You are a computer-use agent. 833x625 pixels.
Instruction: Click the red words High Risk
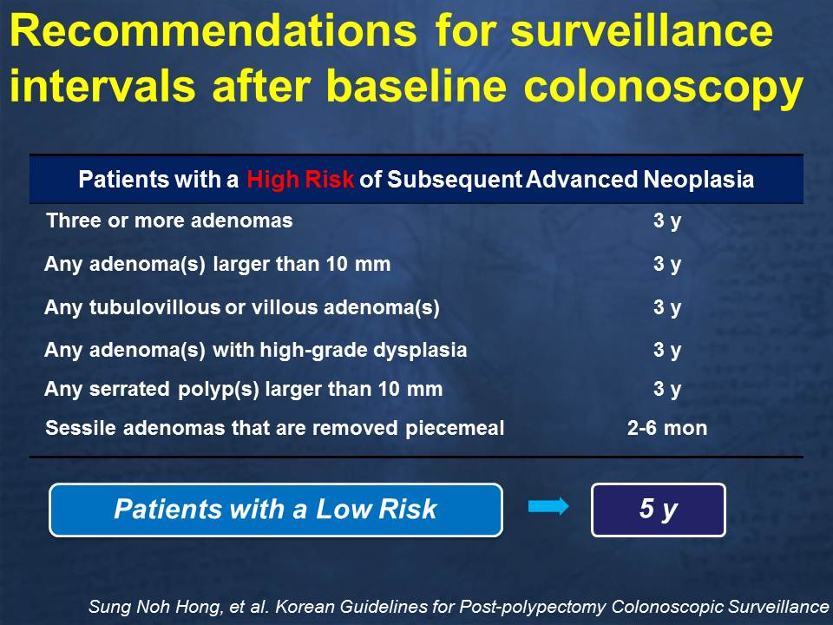click(x=300, y=180)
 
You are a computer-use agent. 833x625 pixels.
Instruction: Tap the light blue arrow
click(x=548, y=506)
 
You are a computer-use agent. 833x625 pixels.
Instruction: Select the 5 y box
click(x=659, y=510)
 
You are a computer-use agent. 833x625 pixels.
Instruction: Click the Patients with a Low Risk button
click(x=276, y=510)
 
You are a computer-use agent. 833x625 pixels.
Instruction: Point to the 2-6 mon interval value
click(x=667, y=428)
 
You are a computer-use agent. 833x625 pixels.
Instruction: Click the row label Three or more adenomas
click(x=169, y=220)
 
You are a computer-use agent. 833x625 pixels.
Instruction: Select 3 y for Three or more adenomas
click(x=667, y=221)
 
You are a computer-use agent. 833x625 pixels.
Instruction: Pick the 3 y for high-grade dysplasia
click(x=667, y=350)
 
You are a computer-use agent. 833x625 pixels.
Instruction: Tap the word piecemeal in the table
click(x=455, y=429)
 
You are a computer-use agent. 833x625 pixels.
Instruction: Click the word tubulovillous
click(x=154, y=307)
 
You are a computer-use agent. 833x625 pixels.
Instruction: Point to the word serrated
click(x=129, y=389)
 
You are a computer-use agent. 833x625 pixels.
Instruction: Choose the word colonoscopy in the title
click(x=664, y=88)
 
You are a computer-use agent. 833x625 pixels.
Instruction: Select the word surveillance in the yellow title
click(x=642, y=31)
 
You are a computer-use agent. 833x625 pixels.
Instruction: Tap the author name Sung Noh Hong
click(x=155, y=607)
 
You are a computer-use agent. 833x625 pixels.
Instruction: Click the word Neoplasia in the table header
click(x=699, y=180)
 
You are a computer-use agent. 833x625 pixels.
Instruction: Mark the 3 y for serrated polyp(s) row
click(x=667, y=390)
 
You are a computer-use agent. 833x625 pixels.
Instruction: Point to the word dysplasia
click(x=420, y=351)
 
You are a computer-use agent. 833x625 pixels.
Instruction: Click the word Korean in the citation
click(x=305, y=607)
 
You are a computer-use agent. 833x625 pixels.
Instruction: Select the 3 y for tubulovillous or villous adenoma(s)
click(x=667, y=307)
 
